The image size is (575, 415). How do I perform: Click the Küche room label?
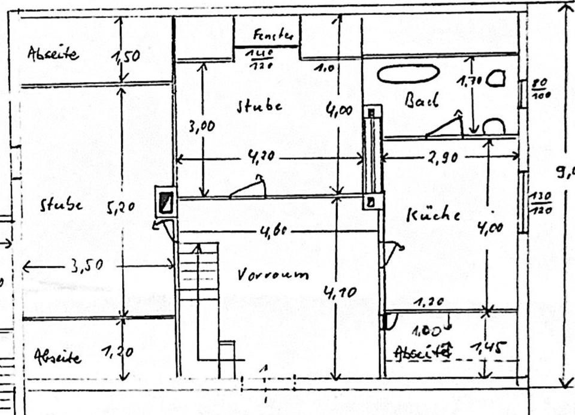[x=433, y=215]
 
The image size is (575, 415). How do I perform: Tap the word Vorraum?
[x=273, y=275]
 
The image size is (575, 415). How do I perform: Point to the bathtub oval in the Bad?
[x=408, y=74]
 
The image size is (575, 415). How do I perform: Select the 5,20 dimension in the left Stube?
[x=122, y=208]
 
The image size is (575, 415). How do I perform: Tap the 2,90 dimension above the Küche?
[x=443, y=157]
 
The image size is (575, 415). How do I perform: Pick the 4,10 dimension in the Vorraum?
[x=340, y=292]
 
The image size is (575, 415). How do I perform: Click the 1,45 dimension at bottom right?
[x=488, y=347]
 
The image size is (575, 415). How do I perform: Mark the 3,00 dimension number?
[x=201, y=126]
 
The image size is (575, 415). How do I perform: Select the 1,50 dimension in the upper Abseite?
[x=126, y=56]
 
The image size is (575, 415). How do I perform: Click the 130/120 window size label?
[x=540, y=202]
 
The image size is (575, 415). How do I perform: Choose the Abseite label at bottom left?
[x=57, y=357]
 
